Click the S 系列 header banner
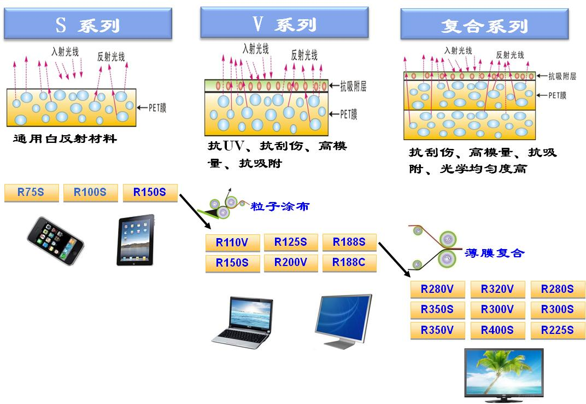(x=88, y=24)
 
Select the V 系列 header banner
(x=284, y=23)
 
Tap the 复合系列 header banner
(x=484, y=25)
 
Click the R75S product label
(x=31, y=193)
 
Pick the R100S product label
(x=90, y=193)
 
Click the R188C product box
(x=349, y=263)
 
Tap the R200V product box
(x=291, y=263)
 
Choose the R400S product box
(x=497, y=330)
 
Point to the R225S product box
(x=558, y=330)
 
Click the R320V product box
(x=497, y=289)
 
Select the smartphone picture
(x=55, y=241)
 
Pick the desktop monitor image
(x=343, y=321)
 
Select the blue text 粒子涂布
(x=280, y=206)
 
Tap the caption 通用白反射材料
(x=65, y=139)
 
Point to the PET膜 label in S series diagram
(x=157, y=108)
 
